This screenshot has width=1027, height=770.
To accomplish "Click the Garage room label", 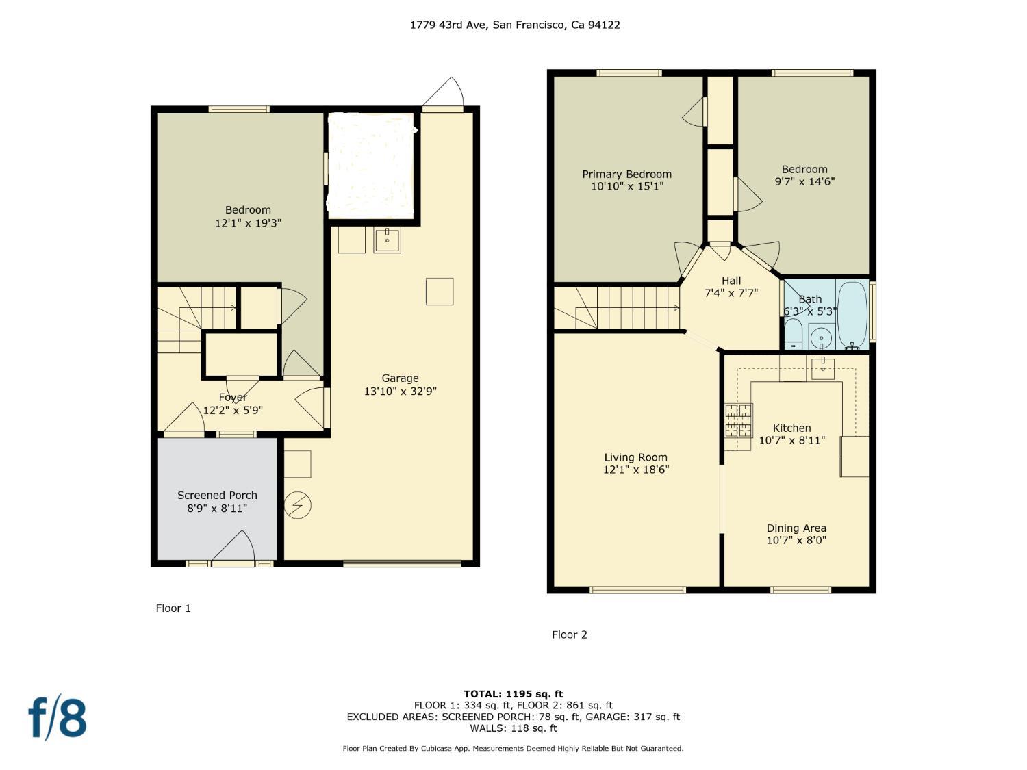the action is click(400, 378).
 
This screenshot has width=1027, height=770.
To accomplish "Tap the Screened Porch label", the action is click(217, 495).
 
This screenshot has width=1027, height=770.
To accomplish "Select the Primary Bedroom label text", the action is click(626, 175).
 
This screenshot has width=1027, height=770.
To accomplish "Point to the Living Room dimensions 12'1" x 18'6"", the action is click(636, 470).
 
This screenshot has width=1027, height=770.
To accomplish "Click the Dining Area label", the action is click(796, 528).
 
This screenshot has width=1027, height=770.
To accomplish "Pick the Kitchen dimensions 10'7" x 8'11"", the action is click(791, 440).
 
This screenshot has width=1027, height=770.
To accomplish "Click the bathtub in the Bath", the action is click(852, 315).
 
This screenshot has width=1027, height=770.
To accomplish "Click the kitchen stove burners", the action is click(739, 420).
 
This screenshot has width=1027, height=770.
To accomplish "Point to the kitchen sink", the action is click(822, 368).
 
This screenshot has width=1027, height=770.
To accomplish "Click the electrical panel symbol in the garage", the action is click(298, 505).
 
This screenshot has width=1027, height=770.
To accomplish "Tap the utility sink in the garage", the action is click(387, 240).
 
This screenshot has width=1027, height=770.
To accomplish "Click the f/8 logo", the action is click(58, 719).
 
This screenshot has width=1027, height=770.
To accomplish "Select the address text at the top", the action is click(515, 25).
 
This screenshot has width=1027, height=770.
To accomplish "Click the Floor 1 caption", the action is click(173, 608).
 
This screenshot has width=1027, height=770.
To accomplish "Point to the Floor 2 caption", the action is click(570, 634).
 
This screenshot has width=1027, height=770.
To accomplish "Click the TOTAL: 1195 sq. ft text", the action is click(513, 694).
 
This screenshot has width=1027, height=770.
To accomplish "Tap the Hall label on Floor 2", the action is click(731, 281).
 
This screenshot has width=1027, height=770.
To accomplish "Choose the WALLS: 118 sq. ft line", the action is click(513, 728).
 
